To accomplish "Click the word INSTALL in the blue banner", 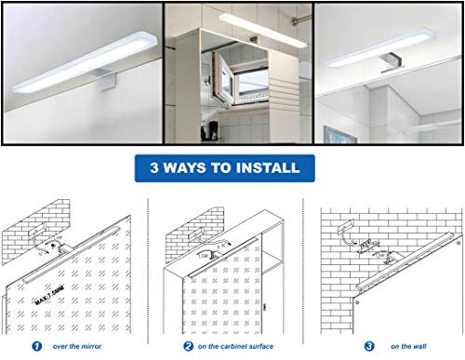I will tap(269, 168).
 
